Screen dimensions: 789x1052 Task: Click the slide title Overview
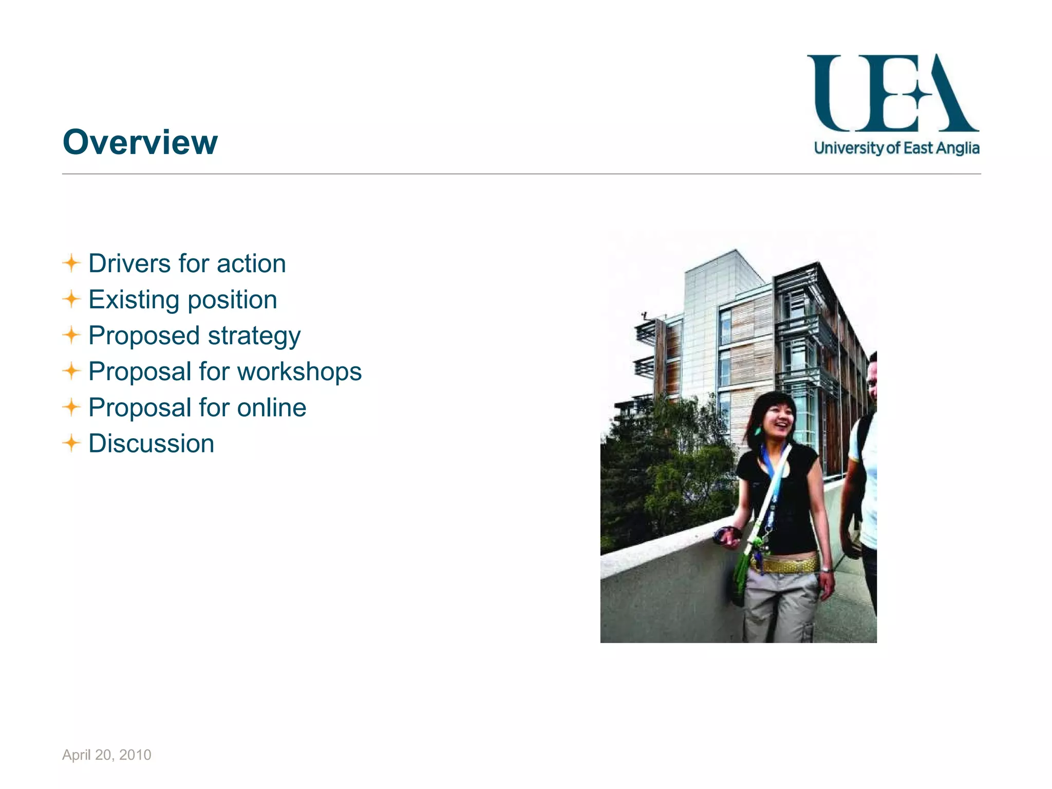pos(140,142)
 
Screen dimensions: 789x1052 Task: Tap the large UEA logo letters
pos(893,93)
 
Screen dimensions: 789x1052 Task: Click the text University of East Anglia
pos(896,148)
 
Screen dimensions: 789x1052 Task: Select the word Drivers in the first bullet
pos(129,264)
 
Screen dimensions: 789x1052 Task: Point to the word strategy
pos(254,336)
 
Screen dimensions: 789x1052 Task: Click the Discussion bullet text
pos(151,444)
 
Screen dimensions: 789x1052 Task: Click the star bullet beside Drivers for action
pos(72,264)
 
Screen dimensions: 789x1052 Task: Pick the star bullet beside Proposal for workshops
pos(72,371)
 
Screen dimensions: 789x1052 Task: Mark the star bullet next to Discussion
pos(72,443)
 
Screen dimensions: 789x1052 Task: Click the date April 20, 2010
pos(107,755)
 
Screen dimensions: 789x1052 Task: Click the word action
pos(251,264)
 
